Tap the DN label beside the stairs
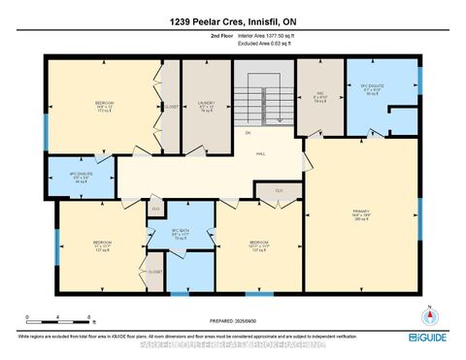[221, 132]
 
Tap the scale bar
[57, 321]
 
